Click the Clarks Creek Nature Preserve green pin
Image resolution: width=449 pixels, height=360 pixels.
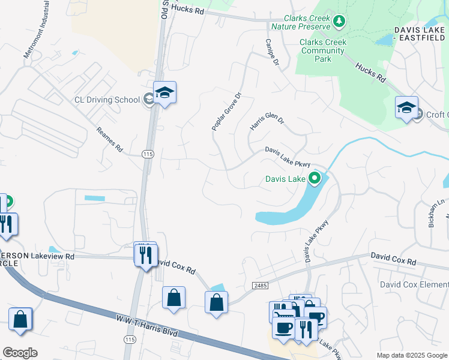coord(339,22)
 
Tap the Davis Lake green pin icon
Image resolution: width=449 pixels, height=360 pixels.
coord(314,178)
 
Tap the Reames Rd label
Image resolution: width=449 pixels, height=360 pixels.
coord(109,139)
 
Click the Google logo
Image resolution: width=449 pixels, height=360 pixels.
coord(20,353)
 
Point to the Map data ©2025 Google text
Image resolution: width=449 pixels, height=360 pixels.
coord(411,355)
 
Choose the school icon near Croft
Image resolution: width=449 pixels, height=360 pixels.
coord(406,108)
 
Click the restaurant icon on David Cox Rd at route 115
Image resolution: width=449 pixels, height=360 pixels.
coord(145,255)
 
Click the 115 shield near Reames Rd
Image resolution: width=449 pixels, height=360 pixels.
coord(147,154)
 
